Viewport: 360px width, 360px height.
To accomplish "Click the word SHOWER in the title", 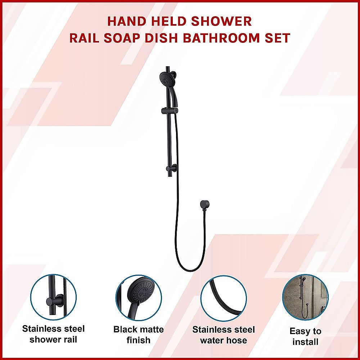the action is (221, 21).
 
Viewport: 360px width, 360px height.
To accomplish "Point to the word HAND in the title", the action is (127, 21).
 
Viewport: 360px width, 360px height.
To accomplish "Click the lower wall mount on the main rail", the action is (171, 168).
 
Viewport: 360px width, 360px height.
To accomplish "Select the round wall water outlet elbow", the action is (205, 204).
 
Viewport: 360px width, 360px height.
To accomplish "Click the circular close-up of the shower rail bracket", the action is (54, 297).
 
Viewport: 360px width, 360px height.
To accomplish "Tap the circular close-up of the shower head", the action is (139, 298).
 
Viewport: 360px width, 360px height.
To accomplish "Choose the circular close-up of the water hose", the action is (224, 298).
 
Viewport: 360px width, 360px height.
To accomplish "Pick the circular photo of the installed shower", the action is (305, 298).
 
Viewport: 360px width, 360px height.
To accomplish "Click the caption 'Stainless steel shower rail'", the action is (54, 334).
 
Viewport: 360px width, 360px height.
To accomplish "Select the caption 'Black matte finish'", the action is (139, 335).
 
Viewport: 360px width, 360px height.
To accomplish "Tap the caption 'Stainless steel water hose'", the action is (224, 335).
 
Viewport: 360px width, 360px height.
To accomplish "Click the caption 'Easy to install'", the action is (305, 336).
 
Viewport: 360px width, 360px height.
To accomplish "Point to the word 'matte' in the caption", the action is (151, 330).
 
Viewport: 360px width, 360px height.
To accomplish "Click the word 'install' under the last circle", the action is (305, 342).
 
